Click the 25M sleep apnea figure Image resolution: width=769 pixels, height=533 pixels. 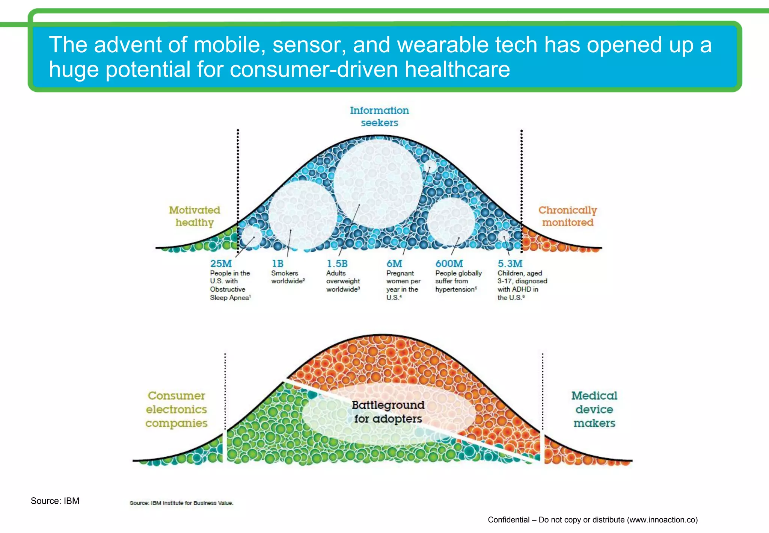click(x=221, y=264)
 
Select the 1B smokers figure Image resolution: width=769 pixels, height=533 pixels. click(x=277, y=264)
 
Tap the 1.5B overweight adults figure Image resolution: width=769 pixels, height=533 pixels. click(x=337, y=264)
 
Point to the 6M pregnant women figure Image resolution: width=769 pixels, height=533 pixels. click(x=394, y=264)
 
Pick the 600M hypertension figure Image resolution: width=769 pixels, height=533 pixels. click(x=449, y=264)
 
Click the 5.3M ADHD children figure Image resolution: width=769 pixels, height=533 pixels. click(x=510, y=264)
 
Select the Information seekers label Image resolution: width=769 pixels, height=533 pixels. click(x=379, y=117)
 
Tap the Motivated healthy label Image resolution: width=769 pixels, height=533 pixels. click(x=195, y=216)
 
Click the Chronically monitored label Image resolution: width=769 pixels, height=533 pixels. click(x=567, y=216)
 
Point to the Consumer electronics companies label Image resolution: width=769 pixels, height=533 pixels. click(x=176, y=409)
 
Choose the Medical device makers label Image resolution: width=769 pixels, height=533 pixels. click(x=594, y=409)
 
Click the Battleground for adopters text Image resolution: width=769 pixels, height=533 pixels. click(x=388, y=412)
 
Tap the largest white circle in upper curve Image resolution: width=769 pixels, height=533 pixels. click(x=378, y=183)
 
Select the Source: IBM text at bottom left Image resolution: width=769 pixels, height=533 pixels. click(x=55, y=501)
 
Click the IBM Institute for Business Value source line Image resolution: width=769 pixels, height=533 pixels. click(x=181, y=503)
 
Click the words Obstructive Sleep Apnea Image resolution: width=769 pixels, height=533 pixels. click(x=229, y=294)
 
